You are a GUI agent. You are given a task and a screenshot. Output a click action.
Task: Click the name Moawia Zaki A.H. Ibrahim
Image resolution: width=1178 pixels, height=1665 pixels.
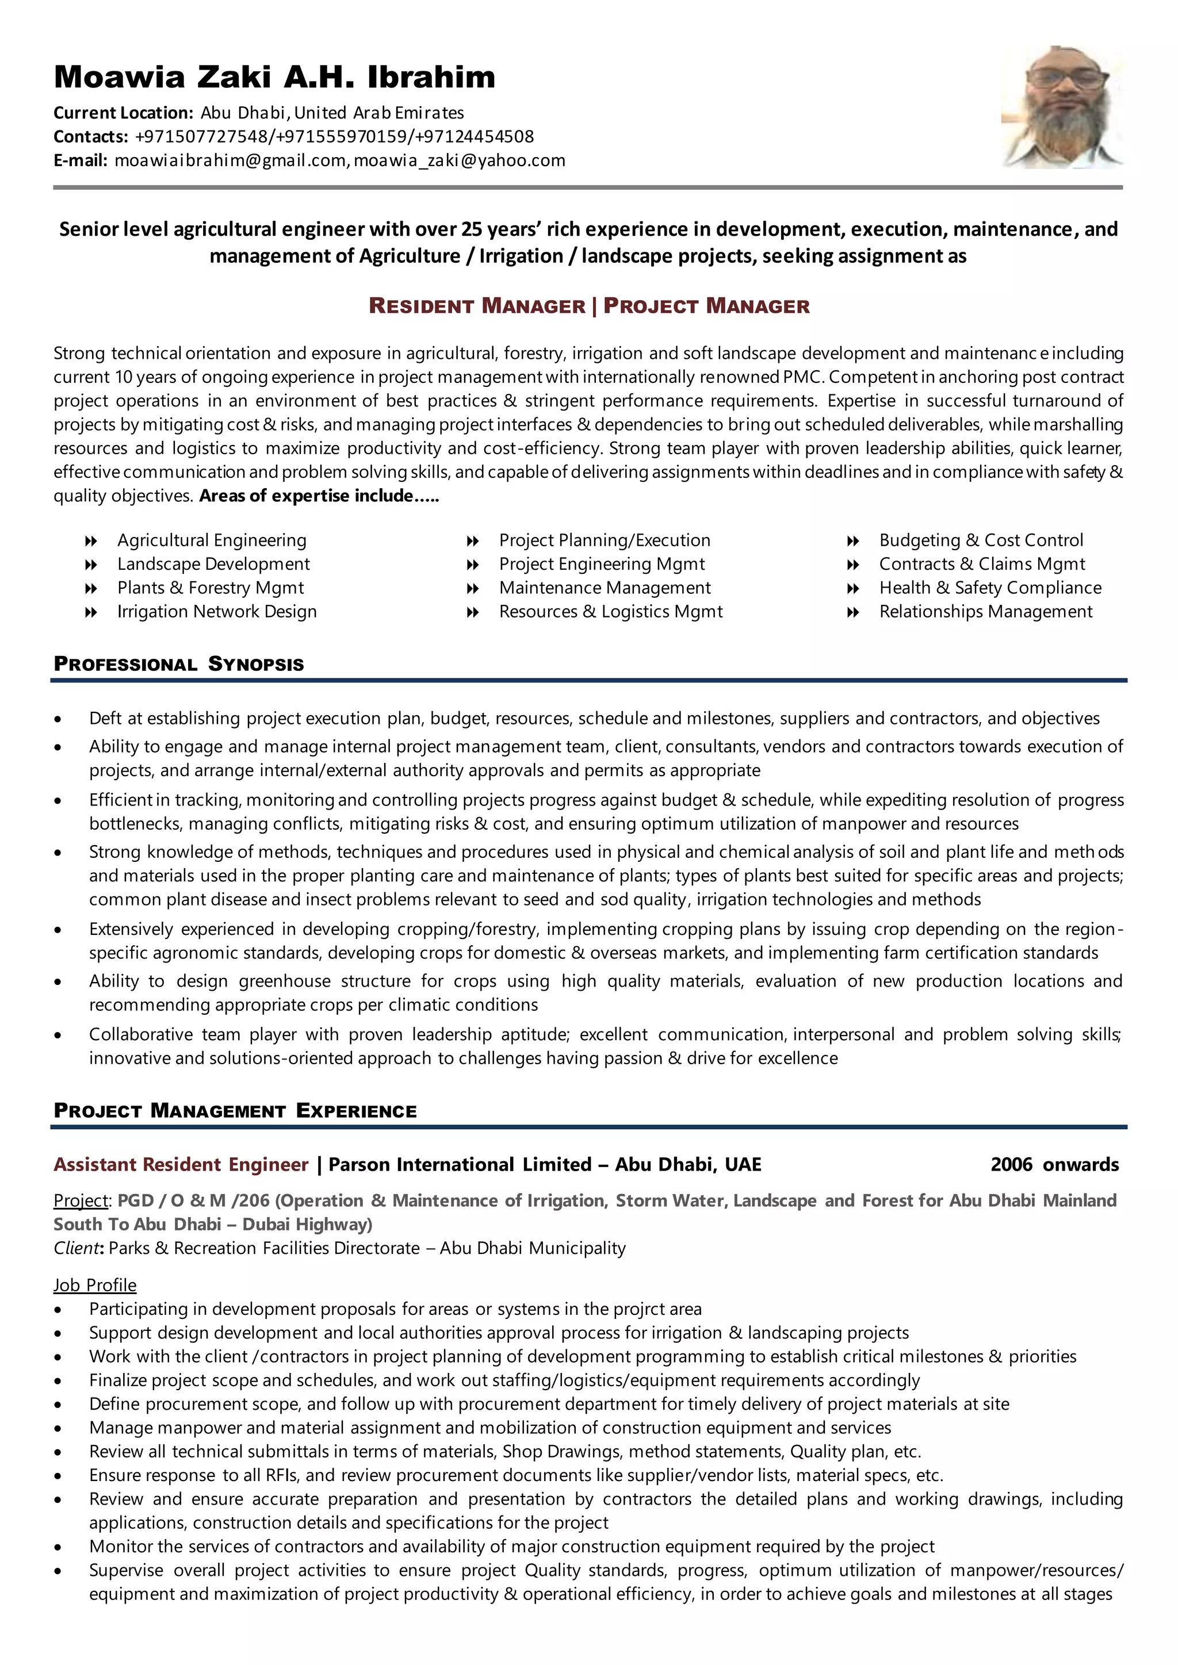274,77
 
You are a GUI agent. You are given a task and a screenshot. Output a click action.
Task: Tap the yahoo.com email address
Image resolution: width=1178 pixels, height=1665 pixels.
459,160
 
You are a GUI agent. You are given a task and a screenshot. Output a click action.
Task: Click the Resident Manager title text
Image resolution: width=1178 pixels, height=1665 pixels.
477,306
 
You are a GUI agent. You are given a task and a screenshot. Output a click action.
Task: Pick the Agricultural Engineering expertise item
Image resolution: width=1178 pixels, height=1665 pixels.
212,540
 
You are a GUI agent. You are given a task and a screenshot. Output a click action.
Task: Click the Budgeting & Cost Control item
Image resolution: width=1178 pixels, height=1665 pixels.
981,540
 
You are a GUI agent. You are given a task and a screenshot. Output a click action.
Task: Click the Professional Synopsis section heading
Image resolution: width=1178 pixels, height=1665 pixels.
179,664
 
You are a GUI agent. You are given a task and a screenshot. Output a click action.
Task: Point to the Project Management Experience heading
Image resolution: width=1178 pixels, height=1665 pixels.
235,1111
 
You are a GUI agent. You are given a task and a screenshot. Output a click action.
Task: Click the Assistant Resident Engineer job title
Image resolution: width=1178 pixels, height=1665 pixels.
181,1165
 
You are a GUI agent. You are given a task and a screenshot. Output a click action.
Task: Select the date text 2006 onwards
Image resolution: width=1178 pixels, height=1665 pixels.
1054,1165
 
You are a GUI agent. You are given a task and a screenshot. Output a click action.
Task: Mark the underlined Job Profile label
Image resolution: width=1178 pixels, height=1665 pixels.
95,1285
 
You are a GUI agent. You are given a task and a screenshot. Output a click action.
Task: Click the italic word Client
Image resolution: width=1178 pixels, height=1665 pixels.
75,1248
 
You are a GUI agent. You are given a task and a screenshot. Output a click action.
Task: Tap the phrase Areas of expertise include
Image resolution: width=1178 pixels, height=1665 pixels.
318,496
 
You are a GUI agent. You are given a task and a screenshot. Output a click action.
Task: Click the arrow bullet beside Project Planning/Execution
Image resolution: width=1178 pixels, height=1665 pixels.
472,541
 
